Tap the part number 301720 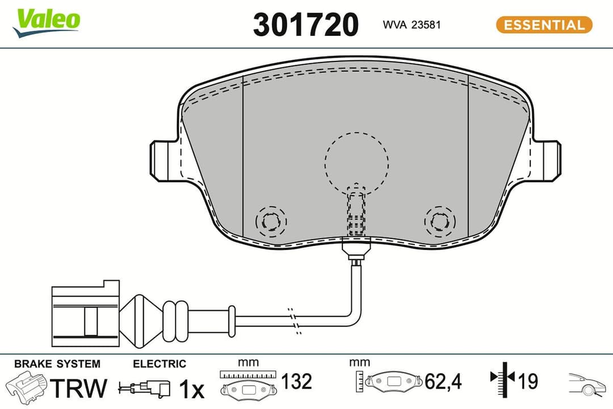305,25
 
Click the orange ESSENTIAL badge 544,25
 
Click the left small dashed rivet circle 271,220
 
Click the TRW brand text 79,388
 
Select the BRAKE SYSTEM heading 57,364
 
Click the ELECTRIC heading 159,364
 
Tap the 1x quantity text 191,389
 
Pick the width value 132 297,382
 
